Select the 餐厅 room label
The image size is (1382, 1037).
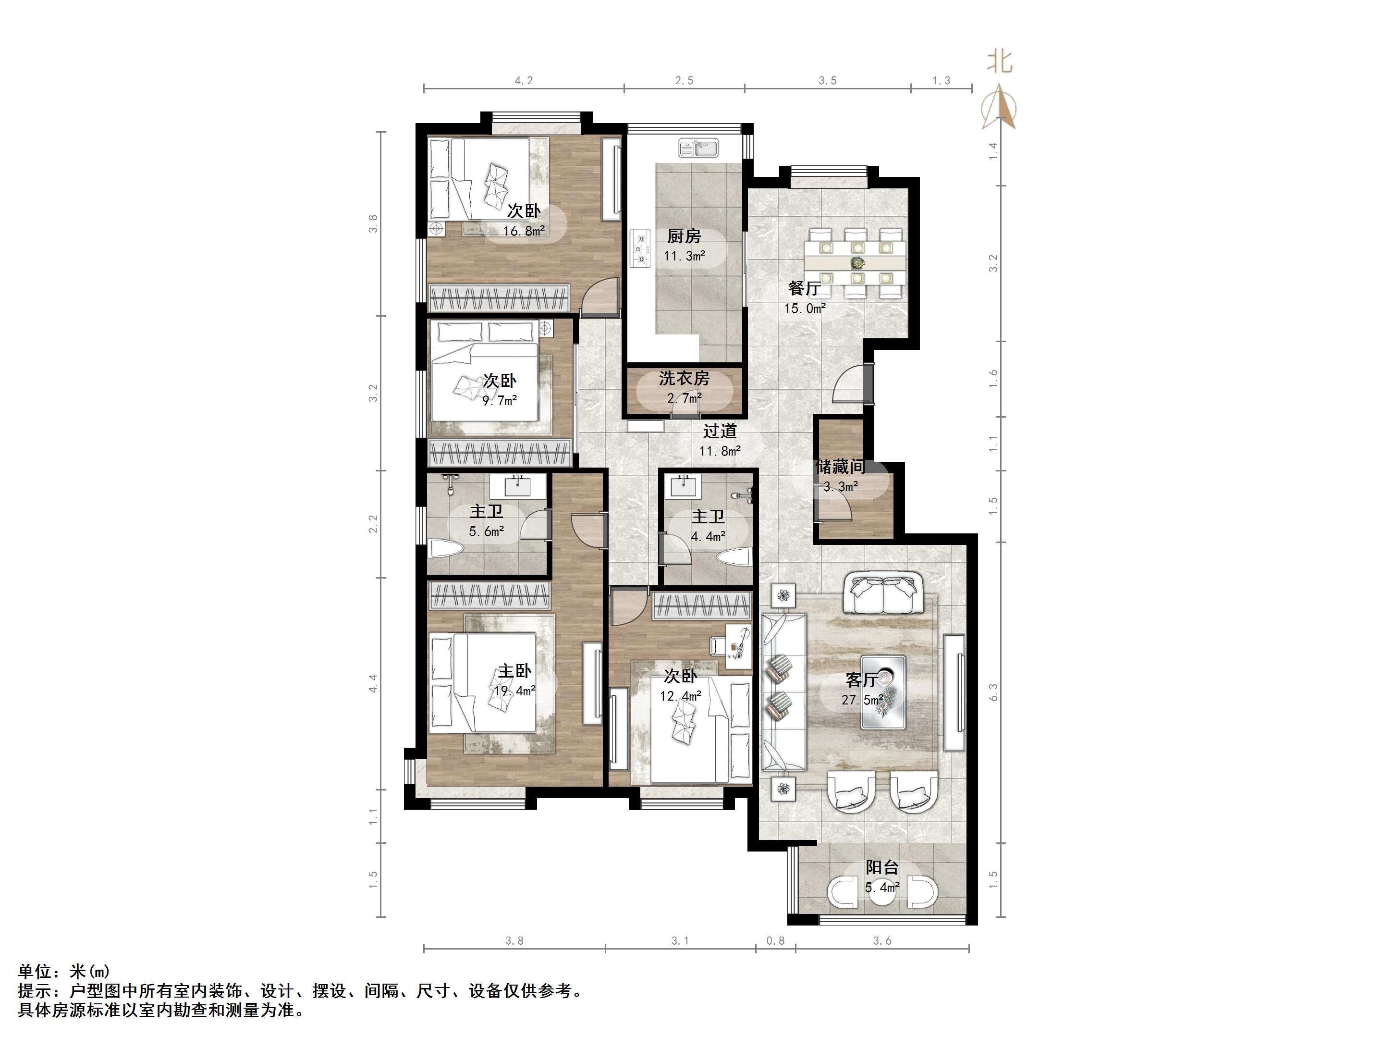(804, 289)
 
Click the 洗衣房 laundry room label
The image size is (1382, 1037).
(684, 378)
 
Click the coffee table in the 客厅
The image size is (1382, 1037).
(883, 692)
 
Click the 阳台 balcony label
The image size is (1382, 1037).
(882, 867)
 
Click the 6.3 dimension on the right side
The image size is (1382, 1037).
(993, 692)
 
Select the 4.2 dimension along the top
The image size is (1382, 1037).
(524, 81)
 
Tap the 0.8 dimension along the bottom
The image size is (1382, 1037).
(775, 941)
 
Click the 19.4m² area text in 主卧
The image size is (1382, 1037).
(515, 691)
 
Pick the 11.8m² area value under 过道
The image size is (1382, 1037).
(720, 451)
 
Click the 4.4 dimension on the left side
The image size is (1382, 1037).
(373, 683)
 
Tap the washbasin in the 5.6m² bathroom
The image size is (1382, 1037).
(518, 485)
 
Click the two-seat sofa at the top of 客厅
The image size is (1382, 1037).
(884, 594)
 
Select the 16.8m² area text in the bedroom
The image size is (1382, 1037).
(524, 231)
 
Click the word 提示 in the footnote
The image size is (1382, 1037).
(35, 991)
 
